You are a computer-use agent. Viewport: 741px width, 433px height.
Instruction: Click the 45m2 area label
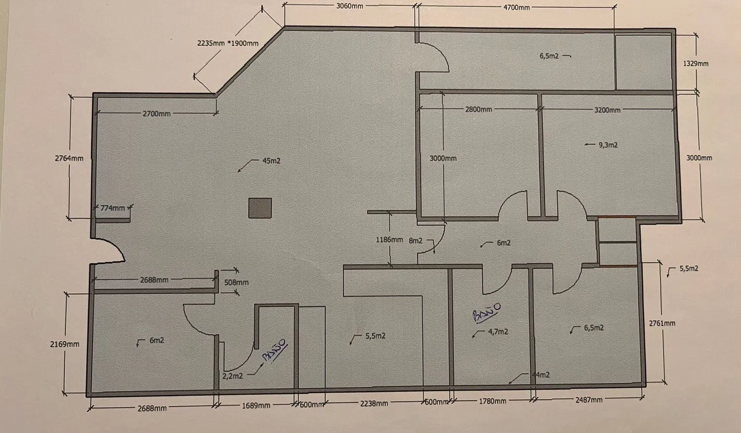pos(271,161)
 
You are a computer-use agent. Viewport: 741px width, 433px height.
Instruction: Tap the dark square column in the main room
pos(260,208)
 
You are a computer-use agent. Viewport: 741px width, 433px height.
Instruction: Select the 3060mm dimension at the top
pos(349,6)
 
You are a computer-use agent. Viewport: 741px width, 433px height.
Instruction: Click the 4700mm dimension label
pos(516,7)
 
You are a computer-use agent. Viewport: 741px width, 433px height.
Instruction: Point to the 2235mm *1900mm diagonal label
pos(228,43)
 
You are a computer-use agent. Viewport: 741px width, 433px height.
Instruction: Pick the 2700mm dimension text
pos(157,114)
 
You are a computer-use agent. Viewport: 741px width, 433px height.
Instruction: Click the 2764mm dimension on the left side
pos(69,158)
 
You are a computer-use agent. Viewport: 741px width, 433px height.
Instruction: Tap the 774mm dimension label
pos(113,208)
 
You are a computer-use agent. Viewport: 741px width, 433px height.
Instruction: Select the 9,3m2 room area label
pos(608,145)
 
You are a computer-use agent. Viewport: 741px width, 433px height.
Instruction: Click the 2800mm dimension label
pos(478,110)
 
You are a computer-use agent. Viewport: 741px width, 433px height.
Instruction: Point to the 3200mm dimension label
pos(607,110)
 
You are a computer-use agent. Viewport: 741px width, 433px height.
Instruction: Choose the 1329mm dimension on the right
pos(696,64)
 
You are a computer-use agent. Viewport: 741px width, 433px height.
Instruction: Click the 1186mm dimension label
pos(389,239)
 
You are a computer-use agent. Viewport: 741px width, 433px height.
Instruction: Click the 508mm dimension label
pos(236,282)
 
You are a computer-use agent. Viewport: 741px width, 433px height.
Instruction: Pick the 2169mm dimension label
pos(65,344)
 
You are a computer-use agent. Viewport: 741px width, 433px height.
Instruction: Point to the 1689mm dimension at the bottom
pos(256,405)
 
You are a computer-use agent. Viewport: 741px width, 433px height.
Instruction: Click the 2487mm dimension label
pos(589,400)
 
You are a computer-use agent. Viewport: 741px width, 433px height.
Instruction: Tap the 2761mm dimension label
pos(662,323)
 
